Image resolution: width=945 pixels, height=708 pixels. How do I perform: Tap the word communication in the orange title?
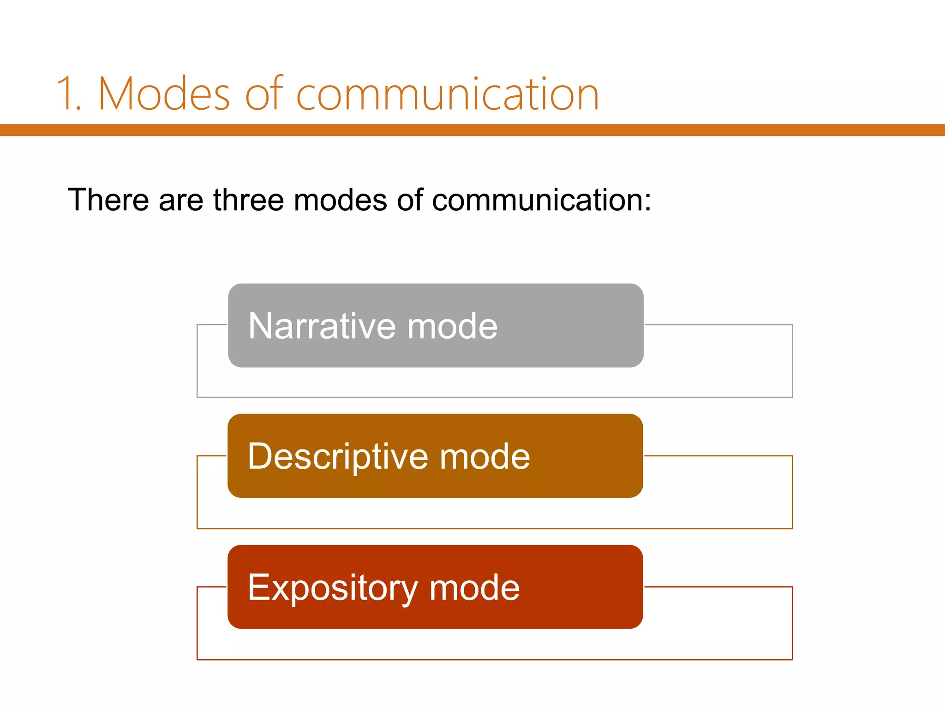(x=447, y=94)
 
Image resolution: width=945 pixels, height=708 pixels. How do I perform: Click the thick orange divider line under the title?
(x=472, y=130)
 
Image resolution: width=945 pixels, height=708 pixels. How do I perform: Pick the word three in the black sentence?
(x=248, y=200)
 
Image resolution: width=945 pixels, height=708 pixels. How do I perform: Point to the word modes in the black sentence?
(x=340, y=200)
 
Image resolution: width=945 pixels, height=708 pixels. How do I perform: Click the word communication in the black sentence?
(x=537, y=200)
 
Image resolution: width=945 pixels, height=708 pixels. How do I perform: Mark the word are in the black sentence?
(x=181, y=200)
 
